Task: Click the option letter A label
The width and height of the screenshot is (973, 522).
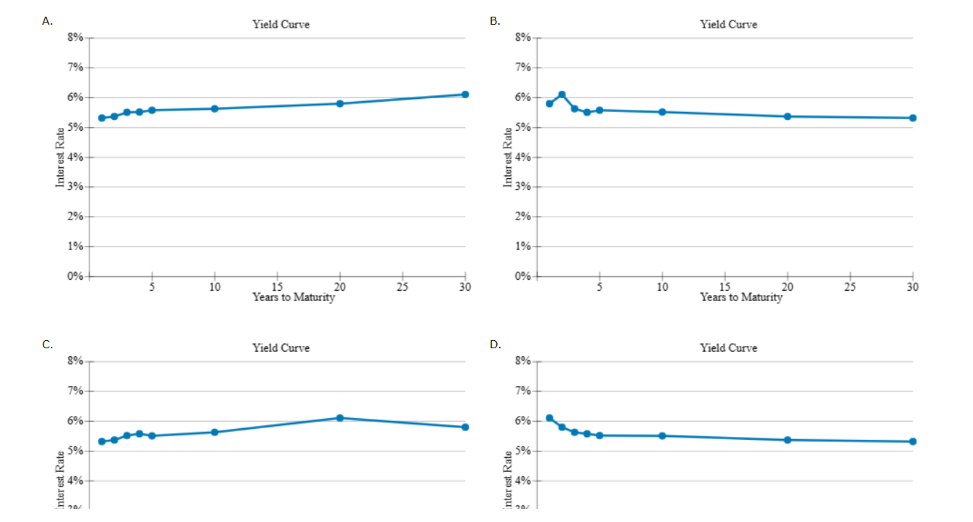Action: (x=47, y=21)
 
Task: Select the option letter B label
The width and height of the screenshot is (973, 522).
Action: (x=495, y=21)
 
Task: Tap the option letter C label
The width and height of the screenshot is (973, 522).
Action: (x=47, y=345)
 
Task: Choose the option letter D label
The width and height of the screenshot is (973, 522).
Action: (x=495, y=345)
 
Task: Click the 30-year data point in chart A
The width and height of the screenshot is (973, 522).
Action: (x=465, y=95)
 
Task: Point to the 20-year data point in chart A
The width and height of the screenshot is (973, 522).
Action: (x=339, y=103)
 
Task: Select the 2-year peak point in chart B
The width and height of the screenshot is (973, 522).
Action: (x=562, y=95)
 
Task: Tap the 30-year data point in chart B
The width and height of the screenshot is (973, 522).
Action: (x=913, y=118)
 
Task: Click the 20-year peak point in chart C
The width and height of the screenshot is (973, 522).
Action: (x=339, y=418)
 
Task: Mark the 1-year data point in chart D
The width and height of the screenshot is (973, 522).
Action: (x=549, y=418)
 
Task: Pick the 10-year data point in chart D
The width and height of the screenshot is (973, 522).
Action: (x=662, y=435)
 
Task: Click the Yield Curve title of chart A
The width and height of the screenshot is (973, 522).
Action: (x=280, y=25)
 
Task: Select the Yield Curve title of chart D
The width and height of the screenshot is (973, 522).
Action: (x=728, y=348)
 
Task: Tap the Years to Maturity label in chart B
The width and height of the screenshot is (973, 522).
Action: (x=741, y=297)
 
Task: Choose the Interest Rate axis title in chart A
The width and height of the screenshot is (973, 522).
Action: (x=60, y=157)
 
